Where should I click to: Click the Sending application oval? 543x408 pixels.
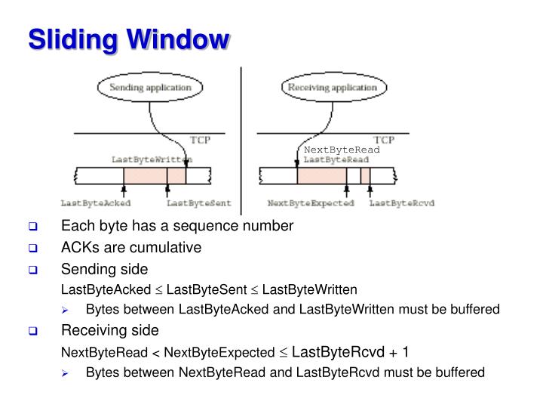151,88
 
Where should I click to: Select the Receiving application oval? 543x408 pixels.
332,88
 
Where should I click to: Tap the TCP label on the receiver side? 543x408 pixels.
384,141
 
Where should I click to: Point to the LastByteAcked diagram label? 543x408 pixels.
96,203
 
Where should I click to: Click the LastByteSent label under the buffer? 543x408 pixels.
188,203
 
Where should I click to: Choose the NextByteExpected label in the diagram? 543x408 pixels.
311,203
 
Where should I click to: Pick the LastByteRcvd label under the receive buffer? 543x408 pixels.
401,203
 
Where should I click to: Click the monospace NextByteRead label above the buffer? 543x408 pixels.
342,150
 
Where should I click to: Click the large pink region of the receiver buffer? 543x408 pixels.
321,176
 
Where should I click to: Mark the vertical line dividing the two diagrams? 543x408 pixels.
241,140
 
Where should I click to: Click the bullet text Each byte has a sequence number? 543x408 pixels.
176,226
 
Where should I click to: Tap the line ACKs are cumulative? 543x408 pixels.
130,247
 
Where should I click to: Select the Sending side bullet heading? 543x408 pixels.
104,269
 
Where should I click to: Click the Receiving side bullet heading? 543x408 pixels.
109,330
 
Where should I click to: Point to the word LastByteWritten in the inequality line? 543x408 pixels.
320,289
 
